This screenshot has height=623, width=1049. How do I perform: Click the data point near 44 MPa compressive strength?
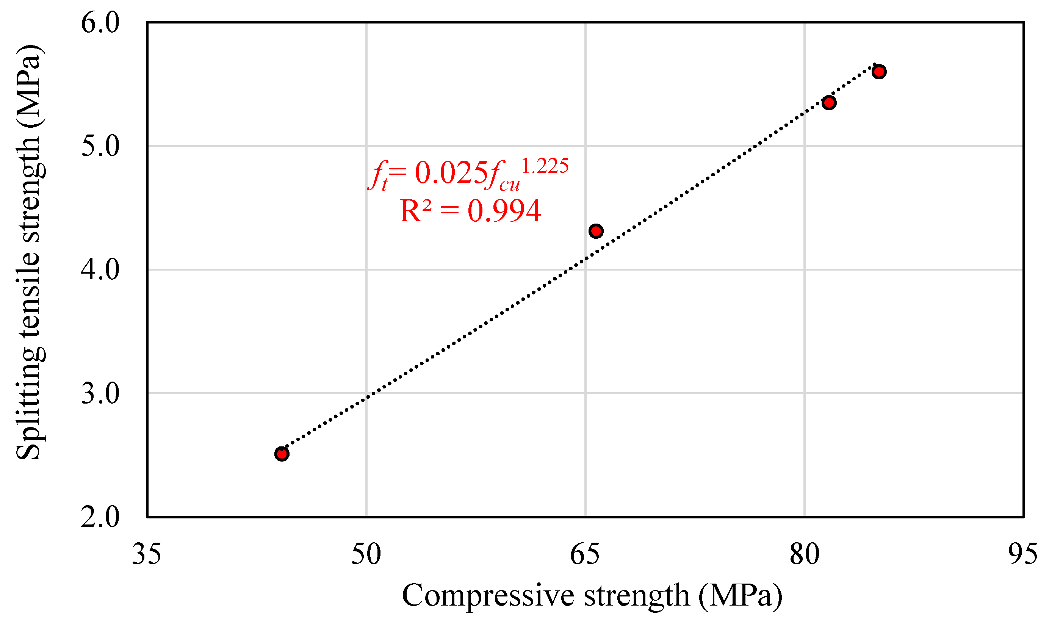tap(282, 454)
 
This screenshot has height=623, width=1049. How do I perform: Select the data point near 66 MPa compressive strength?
tap(596, 231)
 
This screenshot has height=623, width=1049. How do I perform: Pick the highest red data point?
tap(879, 71)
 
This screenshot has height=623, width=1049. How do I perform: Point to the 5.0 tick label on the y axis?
tap(100, 146)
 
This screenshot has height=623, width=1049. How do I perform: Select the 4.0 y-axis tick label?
tap(100, 269)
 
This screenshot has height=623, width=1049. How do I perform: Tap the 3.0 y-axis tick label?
tap(100, 393)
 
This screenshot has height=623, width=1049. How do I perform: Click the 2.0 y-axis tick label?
tap(100, 517)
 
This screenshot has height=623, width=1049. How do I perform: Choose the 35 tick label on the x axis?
tap(147, 554)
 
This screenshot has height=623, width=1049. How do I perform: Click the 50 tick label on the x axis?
tap(366, 554)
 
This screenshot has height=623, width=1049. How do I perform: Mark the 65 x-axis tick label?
tap(585, 554)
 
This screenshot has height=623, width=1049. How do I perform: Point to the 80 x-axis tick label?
tap(804, 554)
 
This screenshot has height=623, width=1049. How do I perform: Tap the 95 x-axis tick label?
tap(1023, 554)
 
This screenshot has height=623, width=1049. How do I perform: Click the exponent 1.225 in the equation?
tap(545, 166)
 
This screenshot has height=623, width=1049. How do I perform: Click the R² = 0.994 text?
tap(470, 211)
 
